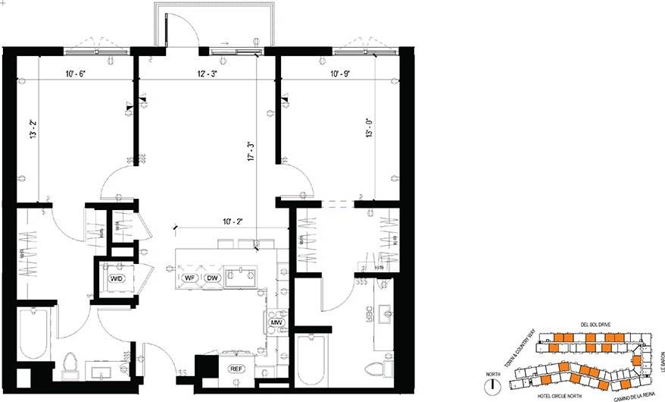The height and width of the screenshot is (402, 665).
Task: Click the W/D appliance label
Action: point(117,278)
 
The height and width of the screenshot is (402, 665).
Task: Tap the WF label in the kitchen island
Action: point(190,278)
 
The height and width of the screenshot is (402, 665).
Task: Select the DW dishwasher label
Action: point(213,278)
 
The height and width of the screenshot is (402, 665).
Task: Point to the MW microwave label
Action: point(276,323)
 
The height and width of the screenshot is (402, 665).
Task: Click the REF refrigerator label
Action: point(236,368)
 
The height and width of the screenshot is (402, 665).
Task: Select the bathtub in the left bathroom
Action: point(33,334)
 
